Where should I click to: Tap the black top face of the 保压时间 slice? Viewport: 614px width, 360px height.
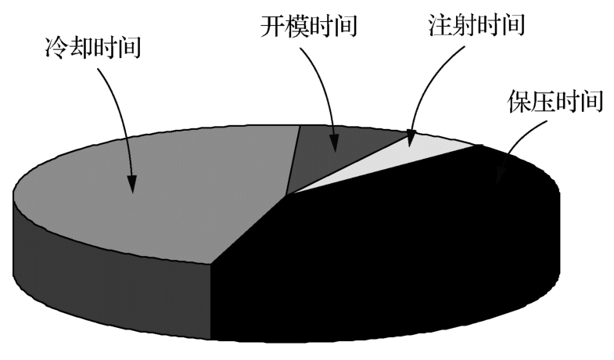click(x=415, y=227)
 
